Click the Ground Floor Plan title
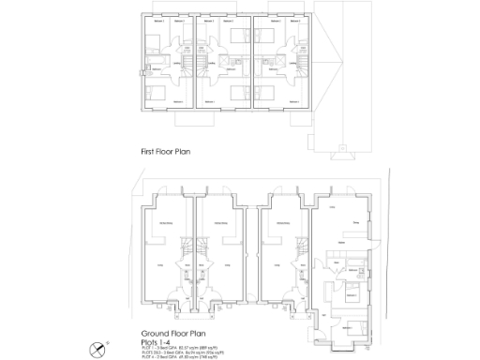click(x=174, y=333)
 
